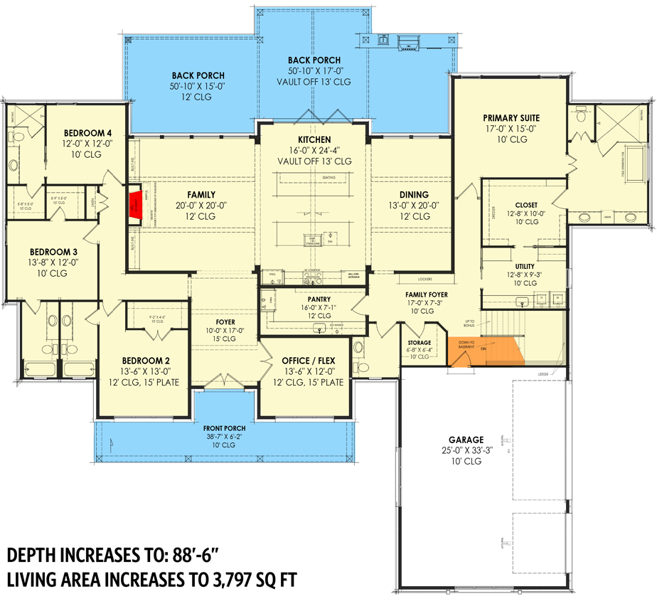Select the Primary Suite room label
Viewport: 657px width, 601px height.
point(511,118)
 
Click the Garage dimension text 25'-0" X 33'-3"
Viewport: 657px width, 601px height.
point(466,451)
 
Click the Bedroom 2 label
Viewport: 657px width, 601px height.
point(144,361)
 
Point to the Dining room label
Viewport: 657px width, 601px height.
point(413,194)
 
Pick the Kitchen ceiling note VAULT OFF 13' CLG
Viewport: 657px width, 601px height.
point(314,161)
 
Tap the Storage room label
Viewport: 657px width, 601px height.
point(419,342)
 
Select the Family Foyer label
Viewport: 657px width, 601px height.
point(427,294)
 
